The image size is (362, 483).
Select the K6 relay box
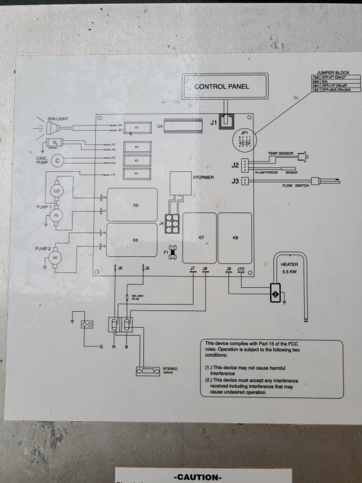coord(135,240)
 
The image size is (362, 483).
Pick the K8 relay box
coord(235,238)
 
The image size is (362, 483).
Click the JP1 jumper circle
coord(242,138)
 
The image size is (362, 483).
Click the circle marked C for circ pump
coord(58,160)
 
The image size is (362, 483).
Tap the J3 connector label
coord(235,182)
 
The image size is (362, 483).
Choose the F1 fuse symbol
coord(172,251)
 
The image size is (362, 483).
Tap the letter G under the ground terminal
coord(101,347)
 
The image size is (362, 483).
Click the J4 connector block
coord(172,223)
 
